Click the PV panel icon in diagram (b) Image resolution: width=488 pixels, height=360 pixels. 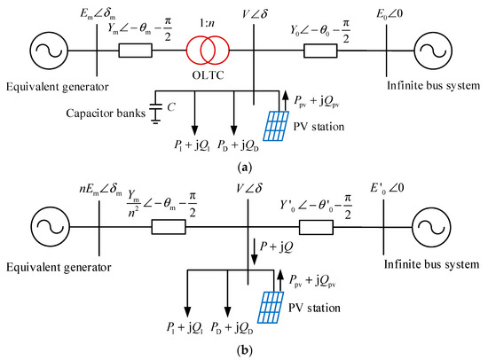(x=276, y=305)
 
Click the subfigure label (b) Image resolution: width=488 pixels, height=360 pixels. (x=243, y=350)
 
